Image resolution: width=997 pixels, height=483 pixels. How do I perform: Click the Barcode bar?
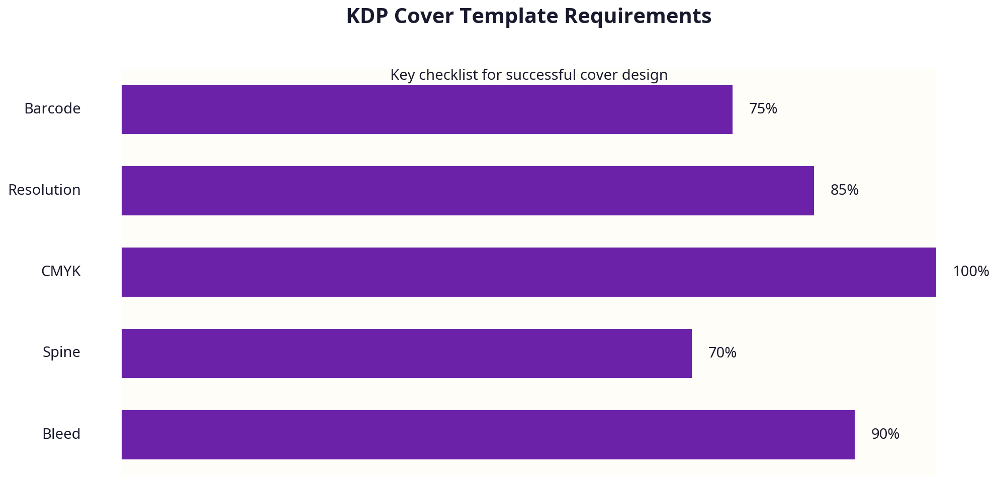click(x=426, y=109)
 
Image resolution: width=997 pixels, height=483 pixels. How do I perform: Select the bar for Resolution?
click(x=468, y=191)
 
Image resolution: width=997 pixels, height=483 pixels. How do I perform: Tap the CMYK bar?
click(x=528, y=272)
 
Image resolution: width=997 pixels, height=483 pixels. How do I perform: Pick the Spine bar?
click(x=406, y=353)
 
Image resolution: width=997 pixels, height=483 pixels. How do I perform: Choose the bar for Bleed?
click(x=488, y=435)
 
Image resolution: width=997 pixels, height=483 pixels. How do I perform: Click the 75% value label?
click(x=763, y=109)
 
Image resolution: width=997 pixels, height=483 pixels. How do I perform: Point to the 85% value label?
click(x=844, y=190)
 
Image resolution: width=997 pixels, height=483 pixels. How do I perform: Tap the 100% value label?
click(x=970, y=272)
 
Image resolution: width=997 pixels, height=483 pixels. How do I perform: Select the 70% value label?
click(x=722, y=353)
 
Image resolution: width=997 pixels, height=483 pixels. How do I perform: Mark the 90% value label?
click(x=885, y=434)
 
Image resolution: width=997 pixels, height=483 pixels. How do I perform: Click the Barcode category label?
click(x=52, y=109)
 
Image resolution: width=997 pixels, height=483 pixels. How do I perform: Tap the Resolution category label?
click(x=44, y=190)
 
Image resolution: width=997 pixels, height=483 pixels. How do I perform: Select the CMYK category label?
click(x=61, y=272)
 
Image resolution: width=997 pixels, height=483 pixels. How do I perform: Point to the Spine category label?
click(x=61, y=352)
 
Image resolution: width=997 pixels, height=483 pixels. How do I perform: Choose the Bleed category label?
click(x=61, y=434)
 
